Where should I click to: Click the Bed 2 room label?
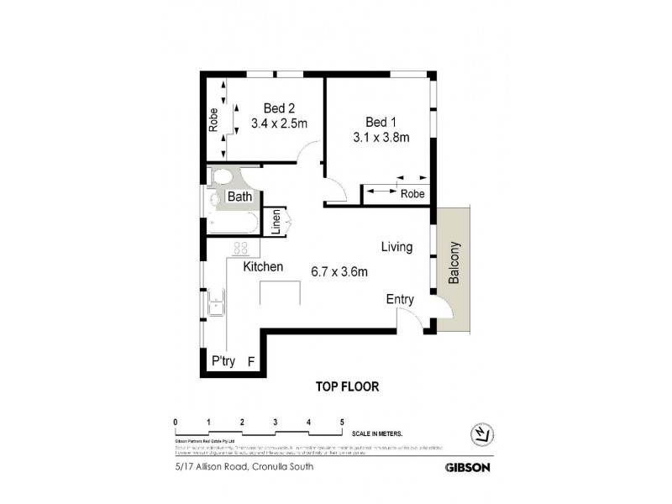279,108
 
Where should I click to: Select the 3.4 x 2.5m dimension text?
279,123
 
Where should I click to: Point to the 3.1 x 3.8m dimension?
381,138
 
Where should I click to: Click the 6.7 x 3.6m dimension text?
340,270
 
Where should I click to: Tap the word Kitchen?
263,266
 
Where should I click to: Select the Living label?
396,247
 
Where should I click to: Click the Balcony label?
454,264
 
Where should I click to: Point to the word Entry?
400,299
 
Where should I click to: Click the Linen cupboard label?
275,223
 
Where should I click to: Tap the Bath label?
240,197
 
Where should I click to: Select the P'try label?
223,362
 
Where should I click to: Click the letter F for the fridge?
251,362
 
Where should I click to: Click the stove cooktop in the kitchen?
240,248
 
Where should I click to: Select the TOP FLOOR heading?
347,387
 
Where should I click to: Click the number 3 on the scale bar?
275,422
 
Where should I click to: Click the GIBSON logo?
467,467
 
